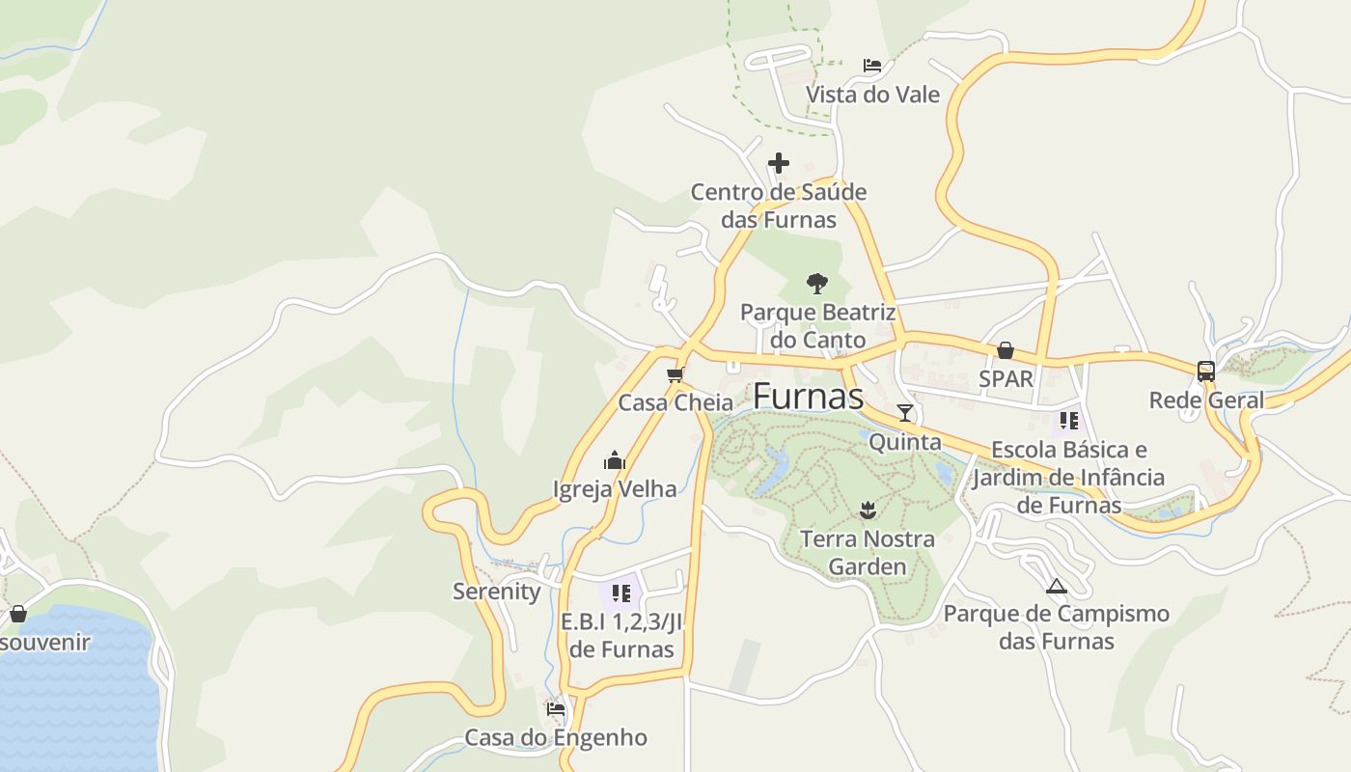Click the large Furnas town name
(x=808, y=396)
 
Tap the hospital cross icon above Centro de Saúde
(x=779, y=163)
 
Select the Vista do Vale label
(x=872, y=95)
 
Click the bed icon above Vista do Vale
(x=872, y=66)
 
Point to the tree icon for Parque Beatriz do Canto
(x=816, y=284)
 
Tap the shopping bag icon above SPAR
(x=1006, y=349)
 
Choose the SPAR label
(x=1006, y=378)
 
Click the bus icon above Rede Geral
(x=1206, y=371)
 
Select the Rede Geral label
(x=1206, y=400)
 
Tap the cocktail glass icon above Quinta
(x=905, y=413)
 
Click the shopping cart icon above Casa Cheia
(x=675, y=374)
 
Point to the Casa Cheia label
(x=675, y=402)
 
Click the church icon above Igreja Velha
(x=615, y=460)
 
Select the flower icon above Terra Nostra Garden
(x=868, y=509)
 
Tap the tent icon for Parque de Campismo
(x=1057, y=585)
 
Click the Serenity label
(x=497, y=592)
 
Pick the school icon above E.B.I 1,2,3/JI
(x=620, y=593)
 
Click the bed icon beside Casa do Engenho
(x=556, y=708)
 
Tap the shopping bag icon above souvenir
(x=17, y=613)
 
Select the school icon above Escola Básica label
(x=1068, y=421)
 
